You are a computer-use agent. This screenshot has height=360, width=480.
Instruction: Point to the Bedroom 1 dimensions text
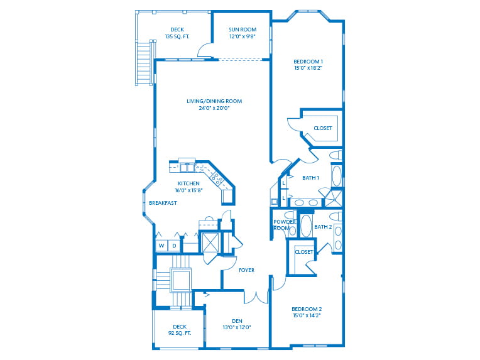[x=308, y=68]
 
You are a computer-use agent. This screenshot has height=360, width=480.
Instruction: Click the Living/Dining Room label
[x=214, y=101]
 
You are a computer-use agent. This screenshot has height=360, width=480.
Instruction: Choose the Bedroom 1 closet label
[x=322, y=128]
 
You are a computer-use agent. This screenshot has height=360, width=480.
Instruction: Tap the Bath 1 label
[x=310, y=178]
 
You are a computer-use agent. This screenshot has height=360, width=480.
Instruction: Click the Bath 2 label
[x=322, y=227]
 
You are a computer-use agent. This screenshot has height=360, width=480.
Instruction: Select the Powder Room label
[x=284, y=225]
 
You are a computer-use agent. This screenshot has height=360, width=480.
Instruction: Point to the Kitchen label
[x=188, y=183]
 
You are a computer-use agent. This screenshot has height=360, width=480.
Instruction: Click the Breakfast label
[x=163, y=203]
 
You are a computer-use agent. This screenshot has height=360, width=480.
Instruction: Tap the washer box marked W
[x=161, y=246]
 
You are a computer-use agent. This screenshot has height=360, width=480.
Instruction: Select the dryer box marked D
[x=174, y=246]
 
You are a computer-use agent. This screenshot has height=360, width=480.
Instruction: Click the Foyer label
[x=246, y=270]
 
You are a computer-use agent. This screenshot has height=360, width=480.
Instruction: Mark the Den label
[x=237, y=321]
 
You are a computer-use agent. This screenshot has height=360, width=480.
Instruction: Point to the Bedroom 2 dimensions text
[x=307, y=316]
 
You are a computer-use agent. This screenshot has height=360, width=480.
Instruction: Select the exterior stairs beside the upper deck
[x=145, y=63]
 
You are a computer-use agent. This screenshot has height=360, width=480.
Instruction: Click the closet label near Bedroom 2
[x=304, y=252]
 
